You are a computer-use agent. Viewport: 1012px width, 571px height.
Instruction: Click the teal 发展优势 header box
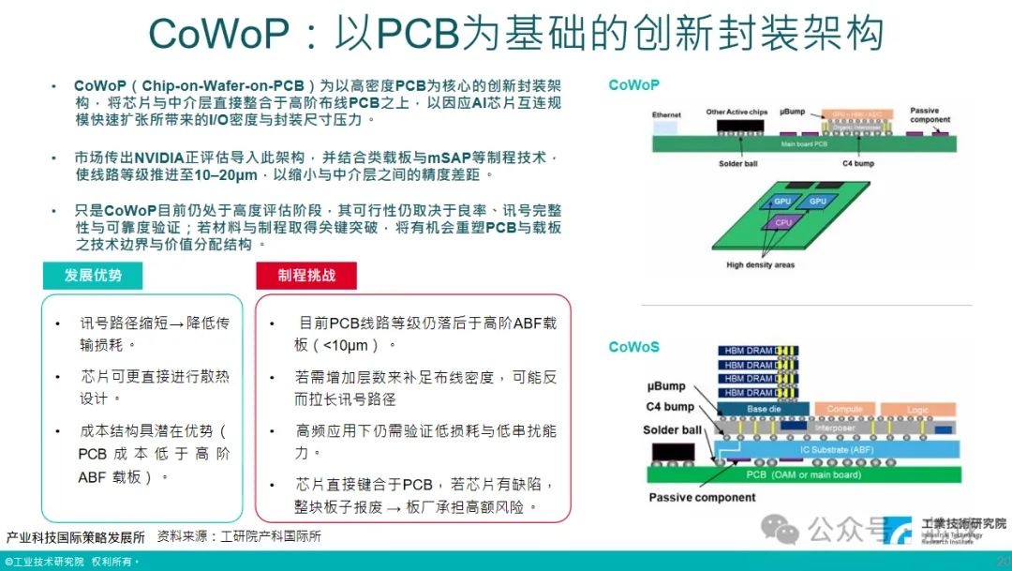click(94, 276)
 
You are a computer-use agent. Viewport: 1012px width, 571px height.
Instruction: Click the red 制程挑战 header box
click(305, 276)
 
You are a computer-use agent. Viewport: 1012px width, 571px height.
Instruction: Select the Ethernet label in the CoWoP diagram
click(666, 115)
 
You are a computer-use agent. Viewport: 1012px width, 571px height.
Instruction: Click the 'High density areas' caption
click(760, 265)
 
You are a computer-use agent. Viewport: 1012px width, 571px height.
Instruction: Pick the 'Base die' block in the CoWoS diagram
click(763, 409)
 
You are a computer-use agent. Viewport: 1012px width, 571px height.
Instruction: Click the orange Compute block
click(844, 409)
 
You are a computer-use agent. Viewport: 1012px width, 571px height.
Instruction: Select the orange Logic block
click(918, 409)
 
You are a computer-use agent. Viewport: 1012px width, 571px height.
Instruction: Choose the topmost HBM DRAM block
click(748, 352)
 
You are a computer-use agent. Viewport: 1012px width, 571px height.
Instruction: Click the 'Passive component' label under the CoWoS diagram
click(702, 497)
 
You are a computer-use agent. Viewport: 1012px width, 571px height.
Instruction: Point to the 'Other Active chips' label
click(737, 113)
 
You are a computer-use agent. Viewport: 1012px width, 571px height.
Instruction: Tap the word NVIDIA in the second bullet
click(169, 158)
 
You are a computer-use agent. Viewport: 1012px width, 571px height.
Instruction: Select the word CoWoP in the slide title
click(218, 34)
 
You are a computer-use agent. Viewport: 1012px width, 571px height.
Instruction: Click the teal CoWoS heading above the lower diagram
click(633, 347)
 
